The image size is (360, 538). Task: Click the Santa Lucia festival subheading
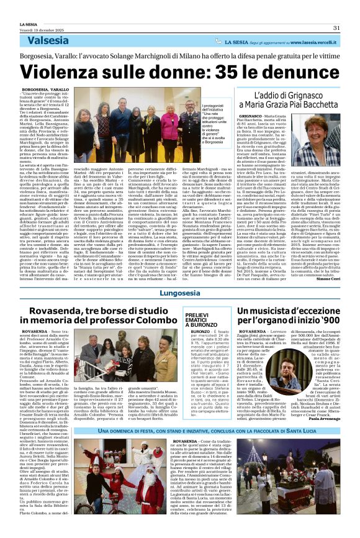click(180, 431)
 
